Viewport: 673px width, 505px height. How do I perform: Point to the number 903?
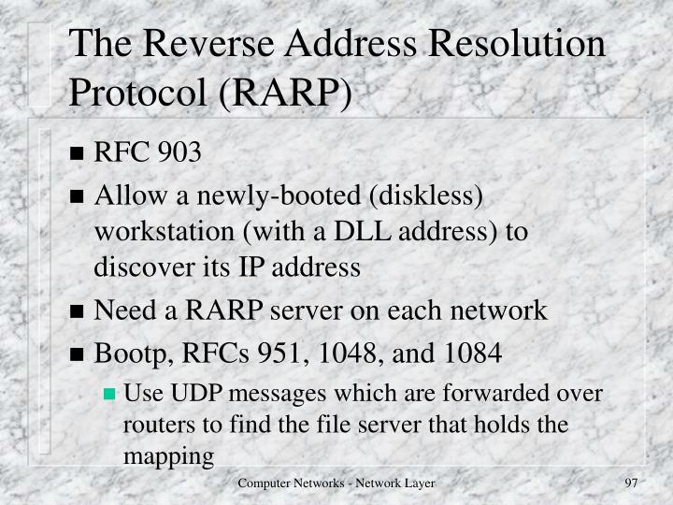click(x=179, y=152)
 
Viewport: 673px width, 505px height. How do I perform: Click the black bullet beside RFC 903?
click(x=79, y=154)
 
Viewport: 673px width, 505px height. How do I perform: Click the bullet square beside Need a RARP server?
click(x=79, y=312)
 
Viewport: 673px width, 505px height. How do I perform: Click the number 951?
click(x=294, y=353)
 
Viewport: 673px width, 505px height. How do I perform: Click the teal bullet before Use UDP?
click(x=109, y=394)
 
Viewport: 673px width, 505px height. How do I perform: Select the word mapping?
click(x=168, y=456)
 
